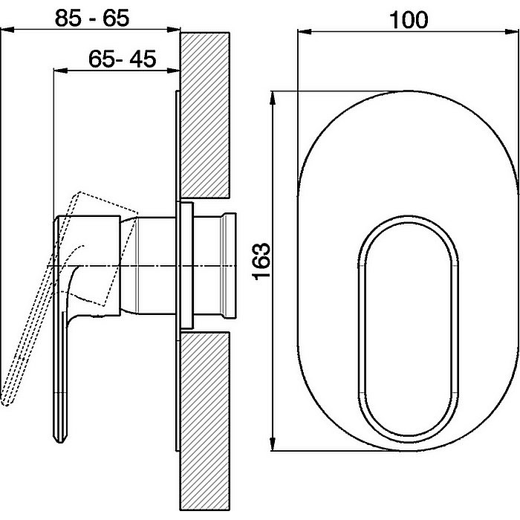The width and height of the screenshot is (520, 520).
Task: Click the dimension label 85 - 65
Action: pos(92,19)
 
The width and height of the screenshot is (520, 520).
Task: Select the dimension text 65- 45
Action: pos(122,59)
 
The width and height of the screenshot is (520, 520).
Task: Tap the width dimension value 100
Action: pos(409,20)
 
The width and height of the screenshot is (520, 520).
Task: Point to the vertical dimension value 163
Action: pos(261,261)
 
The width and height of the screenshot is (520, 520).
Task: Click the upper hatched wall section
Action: pos(205,115)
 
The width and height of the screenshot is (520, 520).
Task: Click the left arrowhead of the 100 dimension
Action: pos(305,32)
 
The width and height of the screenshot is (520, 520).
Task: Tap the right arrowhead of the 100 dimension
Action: pos(511,32)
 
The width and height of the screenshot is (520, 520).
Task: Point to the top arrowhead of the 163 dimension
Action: pos(273,98)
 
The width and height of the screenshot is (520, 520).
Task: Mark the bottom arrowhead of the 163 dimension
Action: pos(273,443)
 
